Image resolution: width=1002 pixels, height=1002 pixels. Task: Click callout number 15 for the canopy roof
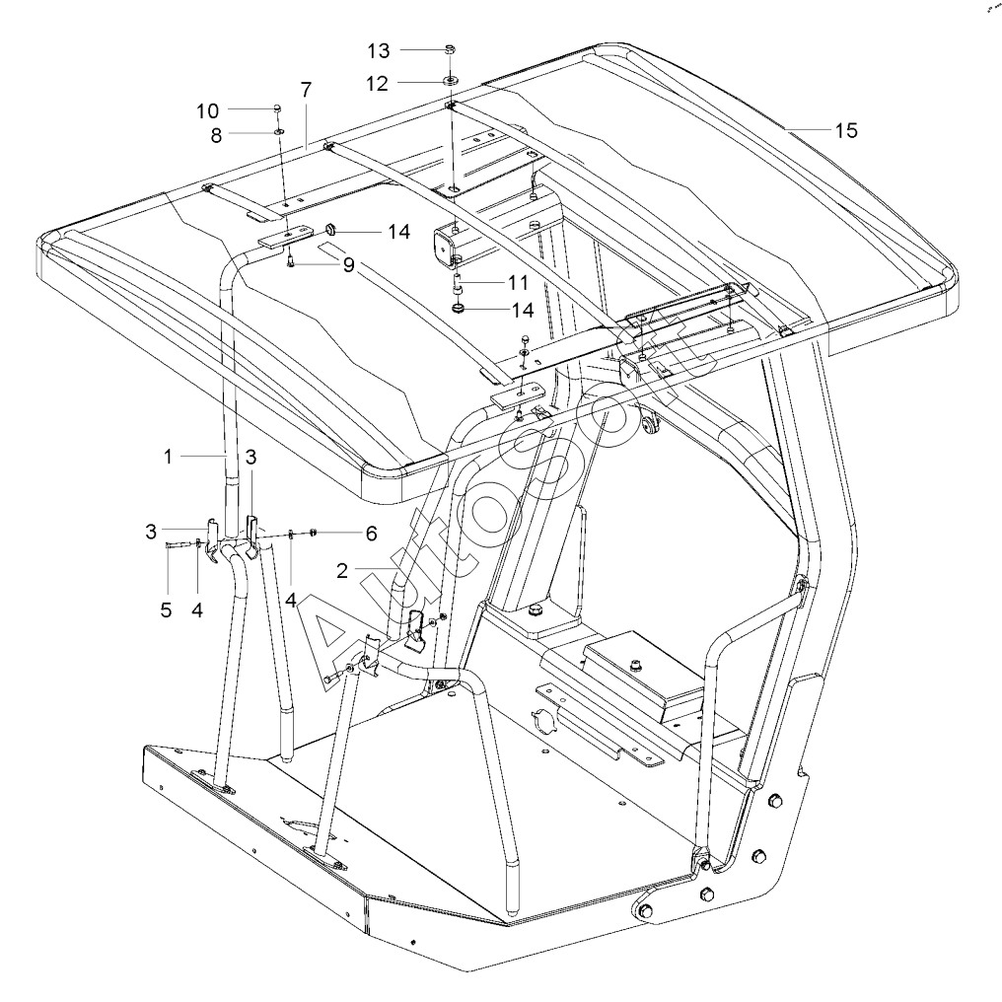click(847, 129)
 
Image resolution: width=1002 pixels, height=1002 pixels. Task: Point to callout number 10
click(208, 108)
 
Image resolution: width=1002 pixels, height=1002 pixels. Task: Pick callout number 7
click(306, 90)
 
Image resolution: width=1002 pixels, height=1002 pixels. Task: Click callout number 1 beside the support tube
click(169, 457)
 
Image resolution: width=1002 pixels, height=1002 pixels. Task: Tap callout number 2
click(341, 570)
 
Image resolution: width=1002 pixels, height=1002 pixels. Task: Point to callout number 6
click(371, 534)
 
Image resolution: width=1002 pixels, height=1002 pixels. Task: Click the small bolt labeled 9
click(292, 261)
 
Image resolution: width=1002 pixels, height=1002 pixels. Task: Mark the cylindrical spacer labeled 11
click(458, 287)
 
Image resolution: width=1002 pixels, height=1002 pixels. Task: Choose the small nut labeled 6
click(313, 534)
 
